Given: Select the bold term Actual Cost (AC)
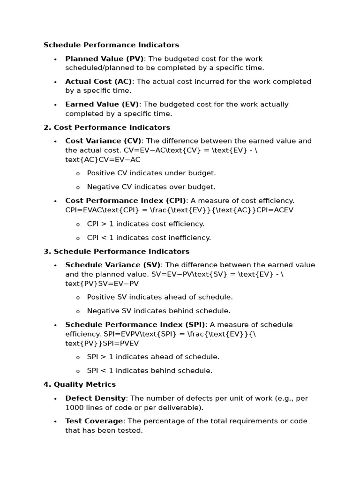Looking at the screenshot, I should (x=98, y=82).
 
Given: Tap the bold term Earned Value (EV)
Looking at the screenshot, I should (x=102, y=105).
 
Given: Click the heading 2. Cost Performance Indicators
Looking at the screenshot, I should (x=107, y=127).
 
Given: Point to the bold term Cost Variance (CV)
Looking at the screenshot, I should (x=103, y=141).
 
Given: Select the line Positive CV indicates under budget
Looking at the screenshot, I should (x=151, y=173).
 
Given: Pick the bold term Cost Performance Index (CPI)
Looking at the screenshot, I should (x=126, y=201).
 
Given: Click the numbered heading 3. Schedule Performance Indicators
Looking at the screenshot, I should (x=116, y=252).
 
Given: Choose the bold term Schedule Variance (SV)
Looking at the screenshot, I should (x=112, y=265).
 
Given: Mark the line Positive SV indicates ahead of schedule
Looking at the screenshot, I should (x=160, y=297).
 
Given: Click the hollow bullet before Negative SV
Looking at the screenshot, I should (x=78, y=311).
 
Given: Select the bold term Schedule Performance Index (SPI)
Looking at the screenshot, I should (x=135, y=325).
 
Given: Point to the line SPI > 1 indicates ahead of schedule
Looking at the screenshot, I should (x=153, y=357).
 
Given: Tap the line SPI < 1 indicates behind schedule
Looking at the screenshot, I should (x=150, y=371).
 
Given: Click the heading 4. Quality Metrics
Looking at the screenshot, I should (x=80, y=384).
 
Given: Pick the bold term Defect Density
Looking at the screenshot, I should (x=96, y=398).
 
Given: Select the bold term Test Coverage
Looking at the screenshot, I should (x=94, y=421).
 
